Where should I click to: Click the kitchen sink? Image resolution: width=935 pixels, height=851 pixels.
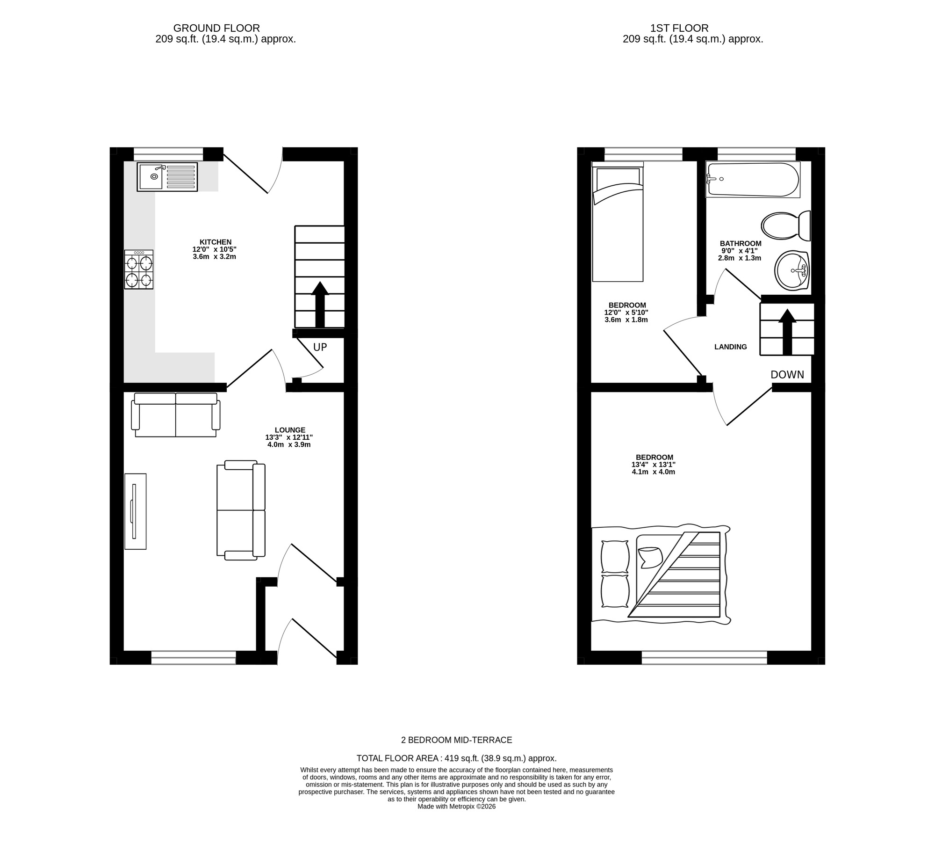[x=167, y=176]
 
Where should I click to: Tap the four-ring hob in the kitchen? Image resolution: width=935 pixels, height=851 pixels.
[x=139, y=269]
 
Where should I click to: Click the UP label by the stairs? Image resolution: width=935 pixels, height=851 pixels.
[x=320, y=347]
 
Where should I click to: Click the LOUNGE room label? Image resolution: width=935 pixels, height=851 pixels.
[x=290, y=430]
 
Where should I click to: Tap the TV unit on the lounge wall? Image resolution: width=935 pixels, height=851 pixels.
[x=135, y=511]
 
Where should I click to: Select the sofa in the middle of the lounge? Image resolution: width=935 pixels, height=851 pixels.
[x=241, y=510]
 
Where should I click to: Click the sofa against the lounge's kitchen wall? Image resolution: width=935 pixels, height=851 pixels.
[x=176, y=415]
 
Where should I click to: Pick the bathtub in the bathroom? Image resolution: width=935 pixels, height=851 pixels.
[x=753, y=180]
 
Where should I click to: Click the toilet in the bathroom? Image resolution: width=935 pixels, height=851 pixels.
[x=785, y=226]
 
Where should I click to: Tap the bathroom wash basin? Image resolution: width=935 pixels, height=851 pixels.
[x=792, y=271]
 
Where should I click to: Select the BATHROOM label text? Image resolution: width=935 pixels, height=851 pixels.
[x=741, y=243]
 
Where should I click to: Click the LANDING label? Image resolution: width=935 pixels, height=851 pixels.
[x=730, y=347]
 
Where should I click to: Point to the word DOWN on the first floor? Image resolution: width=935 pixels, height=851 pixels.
[x=787, y=375]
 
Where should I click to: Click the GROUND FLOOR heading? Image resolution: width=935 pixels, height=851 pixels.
[x=216, y=28]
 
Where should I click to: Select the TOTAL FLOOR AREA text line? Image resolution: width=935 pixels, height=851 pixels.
[x=456, y=758]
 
